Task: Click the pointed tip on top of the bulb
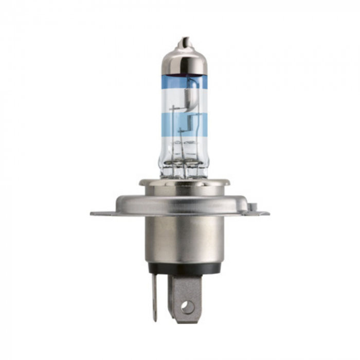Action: tap(183, 41)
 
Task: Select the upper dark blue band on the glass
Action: tap(184, 82)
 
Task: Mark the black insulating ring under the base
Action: tap(184, 268)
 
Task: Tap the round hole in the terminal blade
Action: tap(187, 307)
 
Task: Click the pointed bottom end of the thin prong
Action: tap(154, 320)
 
